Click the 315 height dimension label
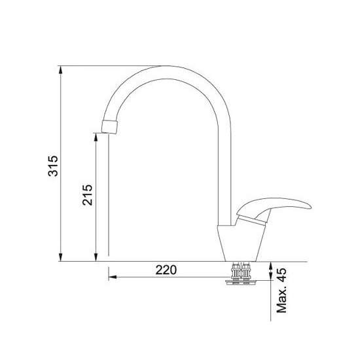[53, 166]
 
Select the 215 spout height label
[88, 194]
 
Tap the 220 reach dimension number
[166, 270]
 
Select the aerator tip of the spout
[109, 127]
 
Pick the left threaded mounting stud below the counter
[236, 272]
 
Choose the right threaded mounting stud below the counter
[246, 272]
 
